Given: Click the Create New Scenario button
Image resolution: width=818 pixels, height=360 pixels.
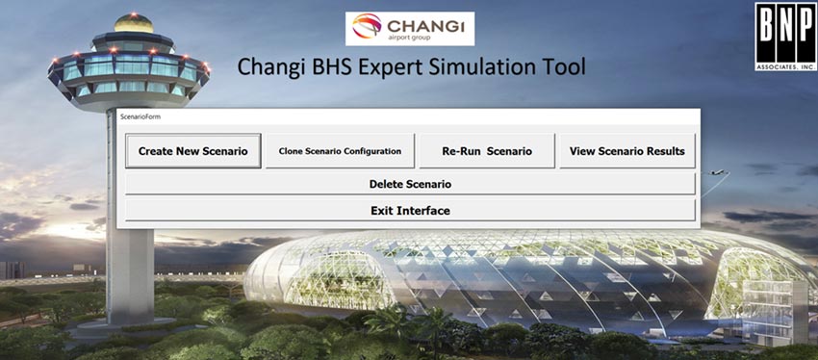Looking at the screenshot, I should (192, 151).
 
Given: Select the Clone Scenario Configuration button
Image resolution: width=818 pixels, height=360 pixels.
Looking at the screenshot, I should (340, 151).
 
